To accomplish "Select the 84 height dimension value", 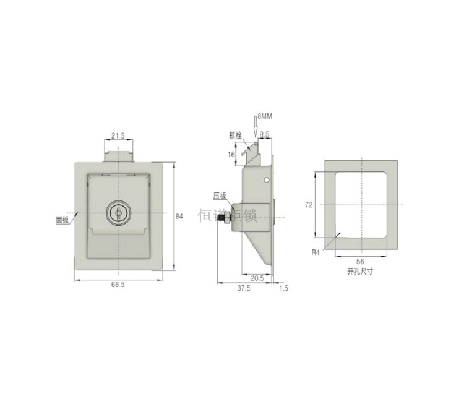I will (179, 216).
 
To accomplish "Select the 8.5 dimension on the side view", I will (265, 134).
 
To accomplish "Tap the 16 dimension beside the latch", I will (232, 155).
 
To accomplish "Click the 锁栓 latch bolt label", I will (235, 134).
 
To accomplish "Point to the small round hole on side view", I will (265, 180).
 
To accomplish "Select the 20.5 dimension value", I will (257, 278).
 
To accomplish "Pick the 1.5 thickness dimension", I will (284, 288).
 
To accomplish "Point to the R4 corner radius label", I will (316, 252).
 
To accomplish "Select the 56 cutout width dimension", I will (361, 262).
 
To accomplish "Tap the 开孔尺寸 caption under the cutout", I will (361, 272).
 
